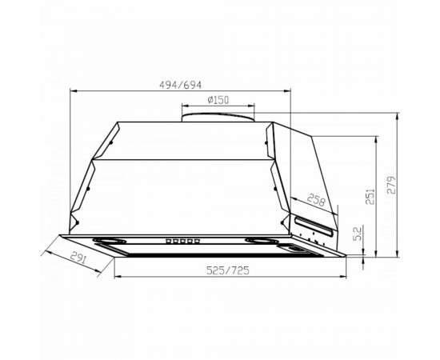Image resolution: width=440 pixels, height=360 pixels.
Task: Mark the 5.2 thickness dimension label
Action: click(357, 235)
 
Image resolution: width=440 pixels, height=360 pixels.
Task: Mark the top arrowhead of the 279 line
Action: click(398, 114)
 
